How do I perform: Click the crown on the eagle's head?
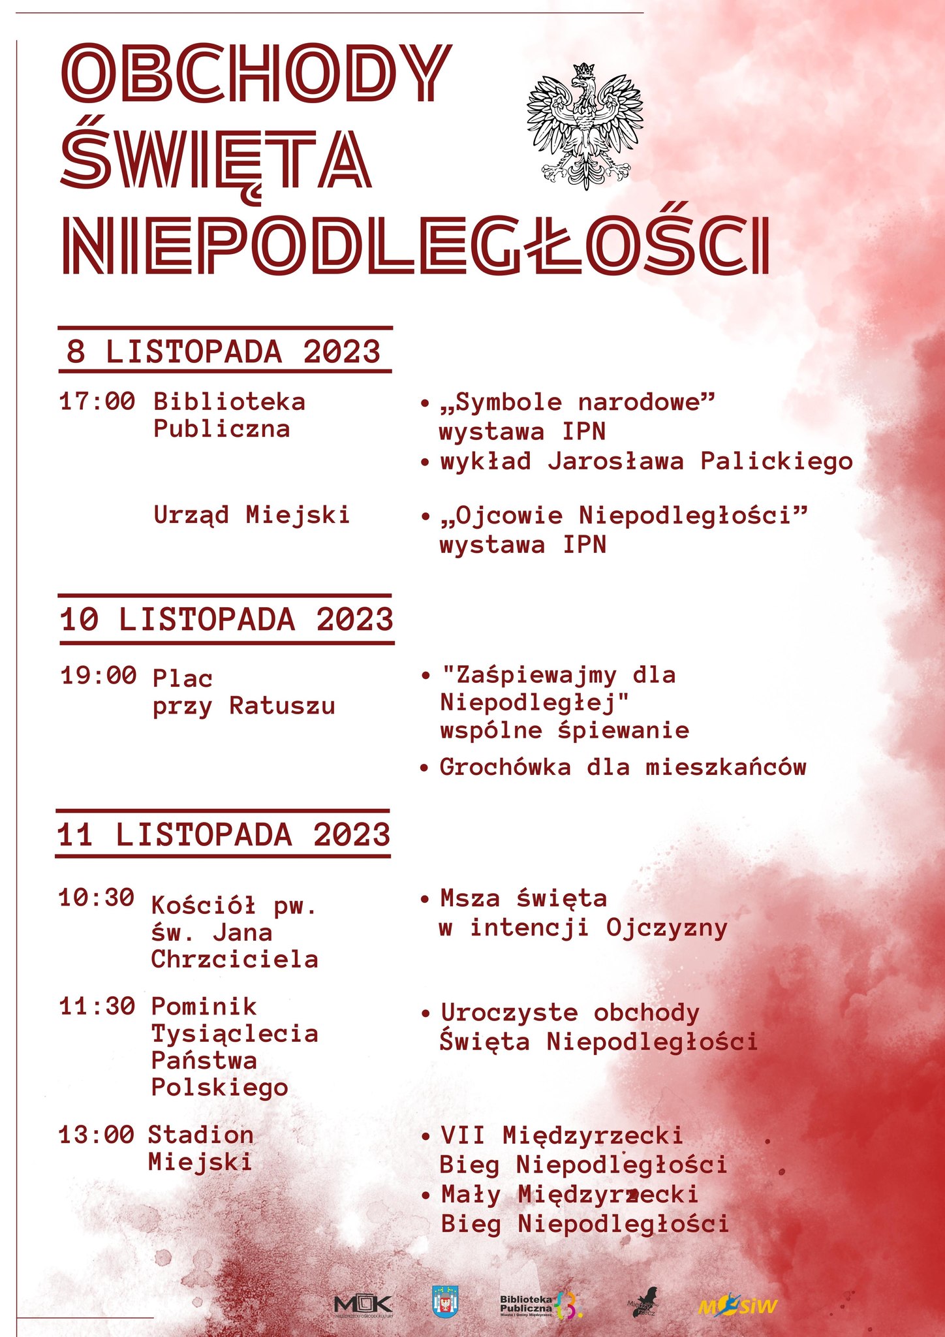(x=584, y=70)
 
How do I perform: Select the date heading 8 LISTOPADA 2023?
(x=223, y=351)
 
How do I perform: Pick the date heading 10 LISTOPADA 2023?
(x=226, y=620)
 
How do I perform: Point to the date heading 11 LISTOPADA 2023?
(x=224, y=835)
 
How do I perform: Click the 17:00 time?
(x=97, y=401)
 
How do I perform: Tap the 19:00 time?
(x=99, y=675)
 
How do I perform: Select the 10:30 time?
(x=97, y=898)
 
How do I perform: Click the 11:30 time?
(x=97, y=1006)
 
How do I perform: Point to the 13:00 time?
(x=97, y=1135)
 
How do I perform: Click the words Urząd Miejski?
(x=251, y=515)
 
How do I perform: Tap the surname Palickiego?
(x=777, y=462)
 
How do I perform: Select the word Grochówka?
(x=505, y=767)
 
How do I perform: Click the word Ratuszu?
(x=282, y=706)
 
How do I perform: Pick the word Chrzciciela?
(x=234, y=959)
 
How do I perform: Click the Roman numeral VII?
(x=463, y=1135)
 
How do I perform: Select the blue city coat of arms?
(x=446, y=1300)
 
